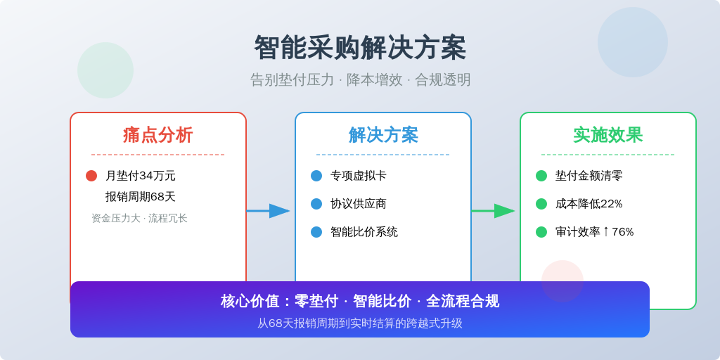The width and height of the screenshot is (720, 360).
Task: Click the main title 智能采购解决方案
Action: tap(360, 48)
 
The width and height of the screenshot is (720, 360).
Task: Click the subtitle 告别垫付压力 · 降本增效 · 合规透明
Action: tap(360, 80)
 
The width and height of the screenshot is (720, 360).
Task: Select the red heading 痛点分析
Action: tap(158, 136)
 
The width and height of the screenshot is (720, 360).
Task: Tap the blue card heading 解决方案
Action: tap(383, 136)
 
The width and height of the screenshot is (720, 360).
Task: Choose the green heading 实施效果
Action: tap(608, 136)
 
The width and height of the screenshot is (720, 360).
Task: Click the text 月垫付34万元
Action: tap(141, 176)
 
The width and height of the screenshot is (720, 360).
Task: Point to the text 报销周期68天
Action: tap(141, 197)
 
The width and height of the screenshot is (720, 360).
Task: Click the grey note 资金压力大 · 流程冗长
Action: tap(140, 218)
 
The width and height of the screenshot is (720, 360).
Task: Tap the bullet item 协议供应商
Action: tap(358, 204)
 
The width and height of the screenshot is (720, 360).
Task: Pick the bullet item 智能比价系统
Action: tap(364, 232)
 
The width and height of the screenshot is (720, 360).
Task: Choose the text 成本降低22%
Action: tap(589, 204)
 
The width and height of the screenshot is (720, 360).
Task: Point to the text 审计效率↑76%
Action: tap(595, 232)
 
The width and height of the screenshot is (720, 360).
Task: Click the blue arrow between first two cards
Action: tap(268, 211)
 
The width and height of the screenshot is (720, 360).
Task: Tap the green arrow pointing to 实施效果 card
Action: tap(493, 211)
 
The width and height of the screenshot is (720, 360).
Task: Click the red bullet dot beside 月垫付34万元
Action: tap(91, 176)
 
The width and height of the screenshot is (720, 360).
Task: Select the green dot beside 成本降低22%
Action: tap(541, 204)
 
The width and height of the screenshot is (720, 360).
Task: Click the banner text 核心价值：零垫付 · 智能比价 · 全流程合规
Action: tap(360, 301)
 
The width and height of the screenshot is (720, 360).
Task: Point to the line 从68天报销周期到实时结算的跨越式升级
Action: tap(360, 323)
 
